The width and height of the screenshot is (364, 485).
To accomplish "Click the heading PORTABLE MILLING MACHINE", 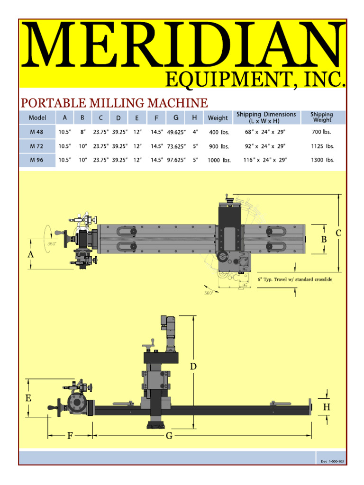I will (x=113, y=103).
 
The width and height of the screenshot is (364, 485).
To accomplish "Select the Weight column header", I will (x=218, y=118).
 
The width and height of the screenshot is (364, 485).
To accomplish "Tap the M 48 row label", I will (x=36, y=132).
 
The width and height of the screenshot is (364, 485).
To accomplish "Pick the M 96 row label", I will (x=36, y=160).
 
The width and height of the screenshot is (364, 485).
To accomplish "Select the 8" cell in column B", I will (x=83, y=132).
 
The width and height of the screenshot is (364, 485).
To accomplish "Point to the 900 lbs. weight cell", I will (x=218, y=146).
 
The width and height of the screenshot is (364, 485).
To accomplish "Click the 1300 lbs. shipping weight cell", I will (x=322, y=160).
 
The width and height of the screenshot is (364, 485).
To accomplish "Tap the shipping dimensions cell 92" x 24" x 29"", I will (x=266, y=146).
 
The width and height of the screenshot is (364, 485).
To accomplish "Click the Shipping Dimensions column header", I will (x=266, y=117).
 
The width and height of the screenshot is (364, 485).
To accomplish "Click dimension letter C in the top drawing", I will (x=338, y=233).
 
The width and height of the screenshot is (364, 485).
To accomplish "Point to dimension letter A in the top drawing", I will (x=31, y=254).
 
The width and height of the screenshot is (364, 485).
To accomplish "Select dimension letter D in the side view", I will (x=193, y=366).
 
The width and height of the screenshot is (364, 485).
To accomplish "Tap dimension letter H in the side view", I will (x=327, y=407).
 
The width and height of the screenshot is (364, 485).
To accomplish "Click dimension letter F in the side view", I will (x=70, y=436).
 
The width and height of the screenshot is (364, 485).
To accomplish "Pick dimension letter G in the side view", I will (x=169, y=436).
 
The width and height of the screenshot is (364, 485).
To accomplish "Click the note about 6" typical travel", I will (x=295, y=279).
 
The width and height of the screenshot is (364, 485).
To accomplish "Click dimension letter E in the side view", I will (x=28, y=398).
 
